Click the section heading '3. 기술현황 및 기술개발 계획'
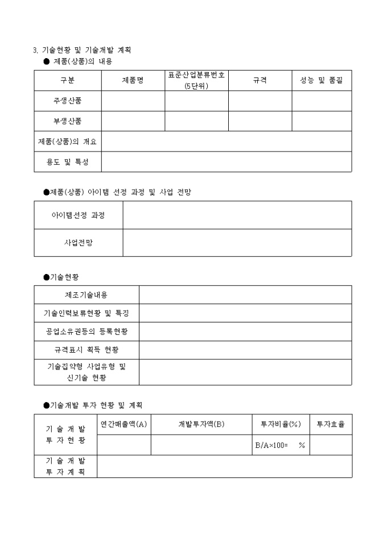tap(83, 50)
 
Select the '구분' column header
tap(67, 80)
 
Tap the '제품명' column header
tap(133, 80)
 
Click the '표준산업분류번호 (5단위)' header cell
tap(196, 80)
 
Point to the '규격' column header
tap(260, 80)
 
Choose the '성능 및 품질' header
tap(322, 80)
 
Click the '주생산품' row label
tap(67, 101)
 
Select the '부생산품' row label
tap(67, 121)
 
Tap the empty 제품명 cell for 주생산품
tap(133, 101)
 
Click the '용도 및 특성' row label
tap(67, 162)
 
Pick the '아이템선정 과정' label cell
tap(78, 215)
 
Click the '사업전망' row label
tap(78, 243)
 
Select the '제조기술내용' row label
tap(86, 295)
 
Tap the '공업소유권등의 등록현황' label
tap(86, 331)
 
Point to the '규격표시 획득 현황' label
tap(86, 349)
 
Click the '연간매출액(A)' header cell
tap(123, 424)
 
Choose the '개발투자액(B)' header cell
tap(201, 424)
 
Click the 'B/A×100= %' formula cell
tap(280, 445)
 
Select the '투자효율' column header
tap(330, 424)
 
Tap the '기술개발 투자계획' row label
tap(65, 466)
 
